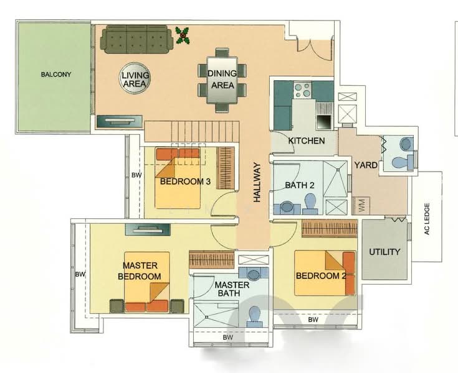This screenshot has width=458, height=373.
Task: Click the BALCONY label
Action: pyautogui.click(x=56, y=75)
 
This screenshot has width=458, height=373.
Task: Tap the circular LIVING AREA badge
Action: pyautogui.click(x=135, y=80)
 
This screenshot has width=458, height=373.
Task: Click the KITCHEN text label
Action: pyautogui.click(x=306, y=141)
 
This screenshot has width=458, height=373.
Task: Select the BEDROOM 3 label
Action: pyautogui.click(x=185, y=182)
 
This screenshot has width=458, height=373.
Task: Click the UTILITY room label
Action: pyautogui.click(x=384, y=252)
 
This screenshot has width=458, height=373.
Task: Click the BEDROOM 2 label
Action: pyautogui.click(x=320, y=276)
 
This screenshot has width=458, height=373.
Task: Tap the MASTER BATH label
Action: pyautogui.click(x=232, y=290)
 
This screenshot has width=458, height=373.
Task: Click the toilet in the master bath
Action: pyautogui.click(x=254, y=316)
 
